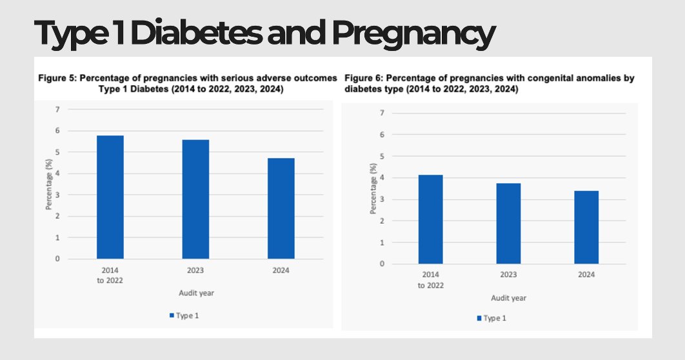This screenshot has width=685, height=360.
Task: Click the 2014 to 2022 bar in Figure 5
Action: tap(110, 197)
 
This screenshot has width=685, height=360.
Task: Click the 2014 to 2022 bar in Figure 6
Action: tap(430, 219)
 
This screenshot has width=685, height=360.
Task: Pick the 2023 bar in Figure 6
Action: tap(508, 223)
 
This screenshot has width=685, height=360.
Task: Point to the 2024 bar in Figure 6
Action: tap(586, 227)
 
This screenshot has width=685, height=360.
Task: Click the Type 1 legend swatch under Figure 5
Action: tap(172, 315)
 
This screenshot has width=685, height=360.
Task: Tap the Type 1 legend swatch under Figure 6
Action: tap(479, 318)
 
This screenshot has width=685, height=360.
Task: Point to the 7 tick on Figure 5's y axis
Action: tap(57, 110)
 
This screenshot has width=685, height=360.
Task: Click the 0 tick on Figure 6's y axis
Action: tap(383, 264)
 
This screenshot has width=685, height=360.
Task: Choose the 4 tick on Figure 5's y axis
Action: tap(57, 174)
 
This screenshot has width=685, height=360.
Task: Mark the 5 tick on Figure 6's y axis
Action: tap(383, 156)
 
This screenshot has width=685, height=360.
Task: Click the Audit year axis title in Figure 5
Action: tap(196, 293)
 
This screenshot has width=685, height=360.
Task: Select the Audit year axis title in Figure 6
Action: tap(508, 298)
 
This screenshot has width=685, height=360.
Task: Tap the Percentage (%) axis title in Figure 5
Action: tap(48, 184)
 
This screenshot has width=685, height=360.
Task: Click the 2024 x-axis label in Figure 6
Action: tap(586, 275)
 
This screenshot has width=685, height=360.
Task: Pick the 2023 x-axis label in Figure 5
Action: tap(195, 270)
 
